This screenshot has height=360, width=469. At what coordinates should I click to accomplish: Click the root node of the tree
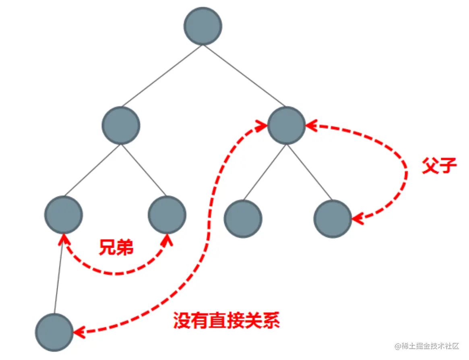coord(203,26)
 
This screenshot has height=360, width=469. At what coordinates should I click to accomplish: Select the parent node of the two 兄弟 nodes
coord(121,125)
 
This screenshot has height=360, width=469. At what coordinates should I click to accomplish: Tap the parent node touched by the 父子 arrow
coord(286,125)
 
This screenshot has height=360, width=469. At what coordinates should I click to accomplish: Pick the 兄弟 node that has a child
coord(64,215)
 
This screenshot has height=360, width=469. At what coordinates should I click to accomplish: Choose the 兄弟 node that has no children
coord(167,215)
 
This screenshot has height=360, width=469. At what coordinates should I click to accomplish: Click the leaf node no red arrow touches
coord(243,219)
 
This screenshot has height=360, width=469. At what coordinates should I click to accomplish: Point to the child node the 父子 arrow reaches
coord(333,219)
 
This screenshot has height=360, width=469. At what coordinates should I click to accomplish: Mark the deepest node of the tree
coord(54,332)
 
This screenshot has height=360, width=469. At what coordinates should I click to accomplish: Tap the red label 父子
coord(439,166)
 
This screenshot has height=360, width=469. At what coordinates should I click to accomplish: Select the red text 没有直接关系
coord(226,321)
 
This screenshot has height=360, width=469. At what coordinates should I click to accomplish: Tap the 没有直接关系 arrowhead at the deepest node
coord(79,332)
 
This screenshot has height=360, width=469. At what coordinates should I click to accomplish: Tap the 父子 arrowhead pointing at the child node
coord(357,219)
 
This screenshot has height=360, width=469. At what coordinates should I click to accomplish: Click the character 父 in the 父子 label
coord(430,166)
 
